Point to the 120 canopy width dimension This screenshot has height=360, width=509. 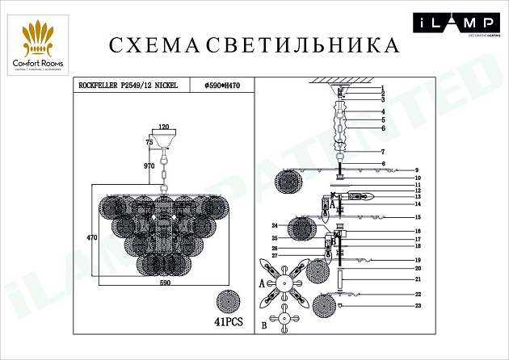click(x=163, y=128)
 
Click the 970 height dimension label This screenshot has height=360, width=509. click(x=149, y=165)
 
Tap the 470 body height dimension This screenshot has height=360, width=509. click(x=91, y=238)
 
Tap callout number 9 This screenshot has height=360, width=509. click(x=417, y=170)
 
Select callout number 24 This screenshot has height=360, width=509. click(x=275, y=225)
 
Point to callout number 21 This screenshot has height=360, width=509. click(x=419, y=278)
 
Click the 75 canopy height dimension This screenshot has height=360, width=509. click(x=149, y=141)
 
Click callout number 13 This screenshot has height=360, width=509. click(x=419, y=196)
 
